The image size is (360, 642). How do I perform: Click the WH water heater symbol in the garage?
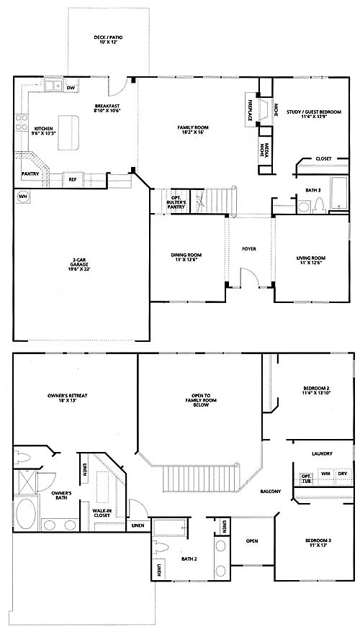click(24, 197)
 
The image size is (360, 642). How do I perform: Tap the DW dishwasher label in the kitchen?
click(71, 88)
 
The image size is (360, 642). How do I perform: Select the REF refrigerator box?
click(73, 179)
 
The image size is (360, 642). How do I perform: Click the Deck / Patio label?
click(108, 40)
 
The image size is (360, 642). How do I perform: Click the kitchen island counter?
click(68, 132)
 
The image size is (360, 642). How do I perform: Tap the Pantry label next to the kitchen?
click(30, 174)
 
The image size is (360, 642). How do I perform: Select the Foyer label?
click(249, 249)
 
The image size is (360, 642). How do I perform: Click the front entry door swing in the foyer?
click(250, 277)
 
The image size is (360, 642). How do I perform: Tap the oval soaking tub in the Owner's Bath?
click(26, 512)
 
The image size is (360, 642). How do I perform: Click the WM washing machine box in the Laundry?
click(325, 474)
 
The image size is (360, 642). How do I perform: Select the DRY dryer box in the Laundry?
click(343, 474)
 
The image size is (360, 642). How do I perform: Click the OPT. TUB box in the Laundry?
click(305, 479)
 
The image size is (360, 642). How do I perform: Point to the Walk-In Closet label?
click(102, 512)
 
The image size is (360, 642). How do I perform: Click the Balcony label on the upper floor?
click(270, 492)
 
